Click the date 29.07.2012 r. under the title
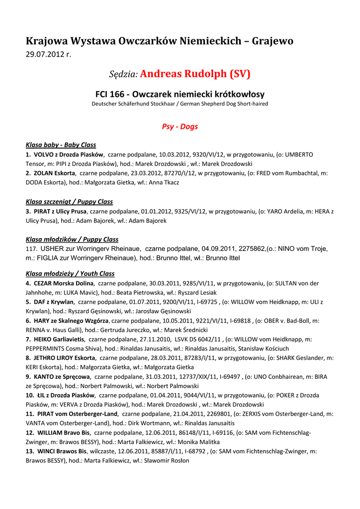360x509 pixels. (x=49, y=54)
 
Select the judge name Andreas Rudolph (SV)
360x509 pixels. (x=195, y=75)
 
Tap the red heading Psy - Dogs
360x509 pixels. (x=180, y=127)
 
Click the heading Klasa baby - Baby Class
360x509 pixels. (x=61, y=145)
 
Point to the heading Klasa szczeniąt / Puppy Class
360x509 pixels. (x=69, y=202)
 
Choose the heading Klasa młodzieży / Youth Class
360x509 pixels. (x=70, y=274)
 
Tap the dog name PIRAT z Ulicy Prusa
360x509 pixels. (x=60, y=212)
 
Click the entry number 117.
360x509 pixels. (x=31, y=249)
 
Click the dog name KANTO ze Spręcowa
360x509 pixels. (x=62, y=377)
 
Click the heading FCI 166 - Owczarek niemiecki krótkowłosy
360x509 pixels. (x=180, y=94)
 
